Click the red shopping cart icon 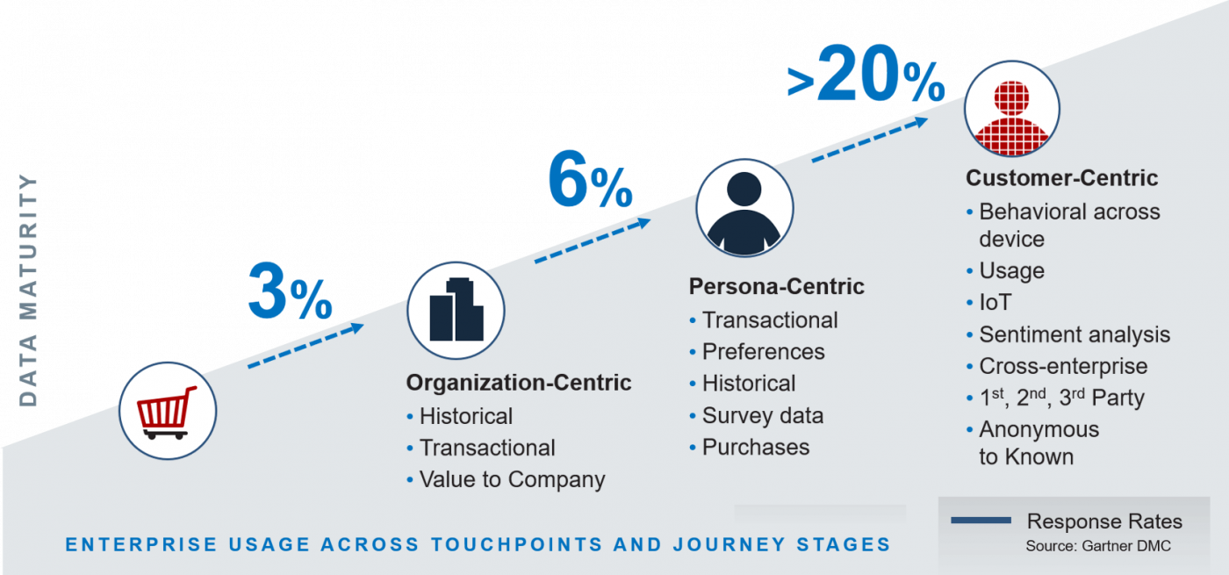point(167,412)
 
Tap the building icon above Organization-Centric point(456,310)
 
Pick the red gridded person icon point(1011,108)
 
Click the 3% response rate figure point(290,291)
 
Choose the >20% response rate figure point(866,83)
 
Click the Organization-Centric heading point(518,383)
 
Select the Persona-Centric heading point(776,287)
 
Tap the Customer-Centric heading point(1061,178)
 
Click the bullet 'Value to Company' point(512,480)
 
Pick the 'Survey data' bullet point(762,415)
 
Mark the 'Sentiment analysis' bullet point(1074,334)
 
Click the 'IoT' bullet point(995,303)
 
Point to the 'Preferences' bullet point(763,352)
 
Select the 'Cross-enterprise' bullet point(1063,366)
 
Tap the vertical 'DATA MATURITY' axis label point(29,290)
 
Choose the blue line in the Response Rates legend point(981,521)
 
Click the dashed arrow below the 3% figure point(305,345)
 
